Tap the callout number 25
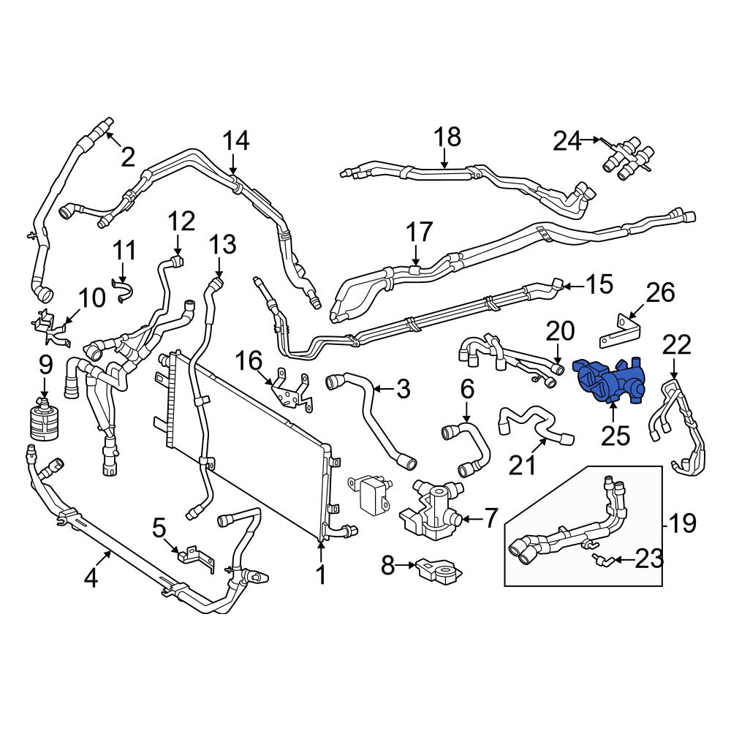tap(616, 436)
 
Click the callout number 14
tap(236, 140)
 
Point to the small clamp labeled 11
tap(122, 291)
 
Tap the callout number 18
tap(447, 137)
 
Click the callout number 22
tap(677, 346)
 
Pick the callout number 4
tap(91, 580)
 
